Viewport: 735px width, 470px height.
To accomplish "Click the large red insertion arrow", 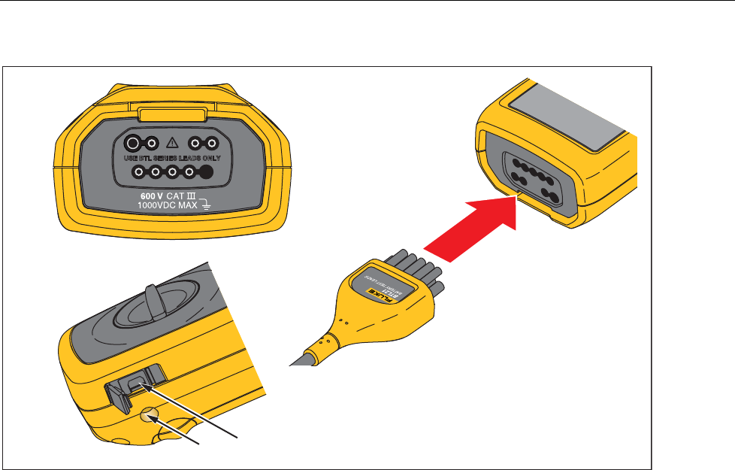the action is click(474, 229).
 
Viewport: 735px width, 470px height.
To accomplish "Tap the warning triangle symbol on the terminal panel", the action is click(174, 142).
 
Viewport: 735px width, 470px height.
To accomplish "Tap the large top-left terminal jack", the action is click(132, 142).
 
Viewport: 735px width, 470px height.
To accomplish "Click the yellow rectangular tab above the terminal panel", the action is click(173, 114).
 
